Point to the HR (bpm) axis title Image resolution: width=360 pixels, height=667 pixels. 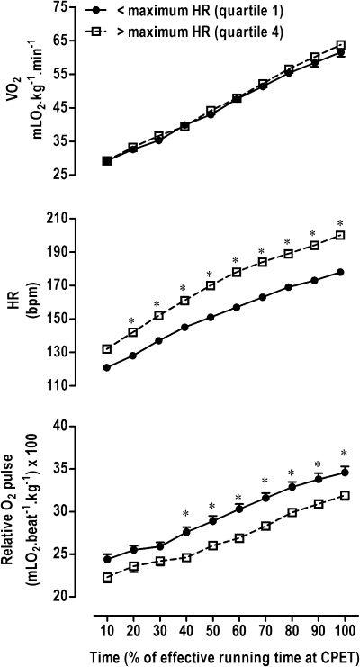(x=20, y=302)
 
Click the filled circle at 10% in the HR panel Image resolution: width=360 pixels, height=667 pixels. (x=107, y=367)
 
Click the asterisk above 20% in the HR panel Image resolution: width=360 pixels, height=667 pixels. (x=132, y=321)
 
